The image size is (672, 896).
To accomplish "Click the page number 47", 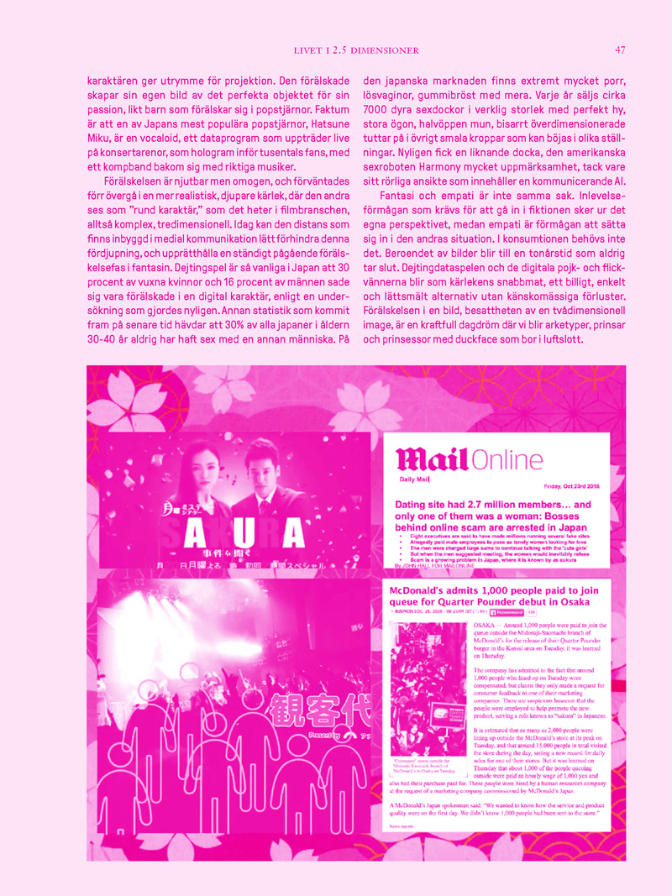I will tap(620, 50).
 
